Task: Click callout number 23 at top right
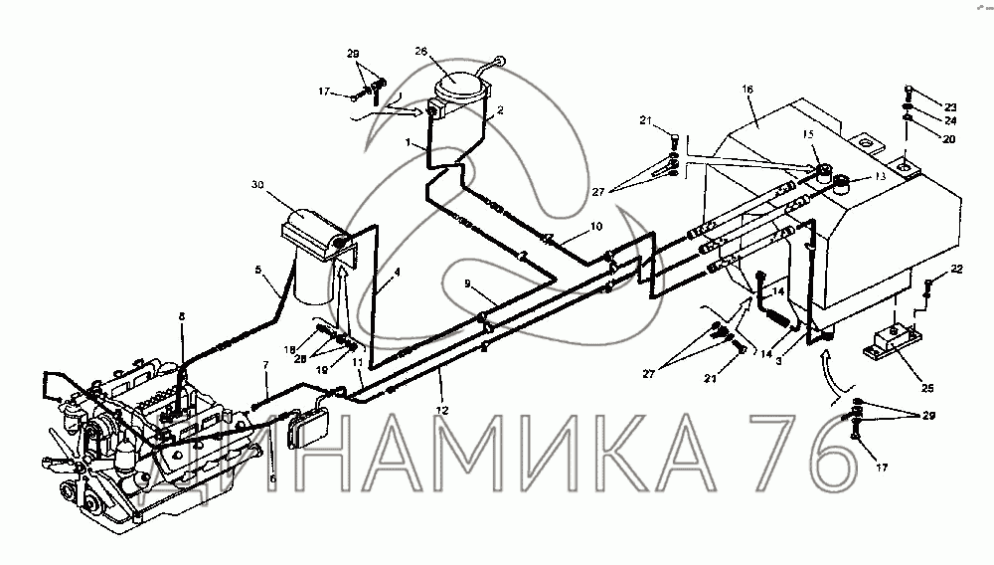tap(949, 106)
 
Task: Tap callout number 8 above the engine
tap(182, 316)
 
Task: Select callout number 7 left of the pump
tap(265, 366)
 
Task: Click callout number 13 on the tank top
tap(878, 176)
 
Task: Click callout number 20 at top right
tap(948, 139)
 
